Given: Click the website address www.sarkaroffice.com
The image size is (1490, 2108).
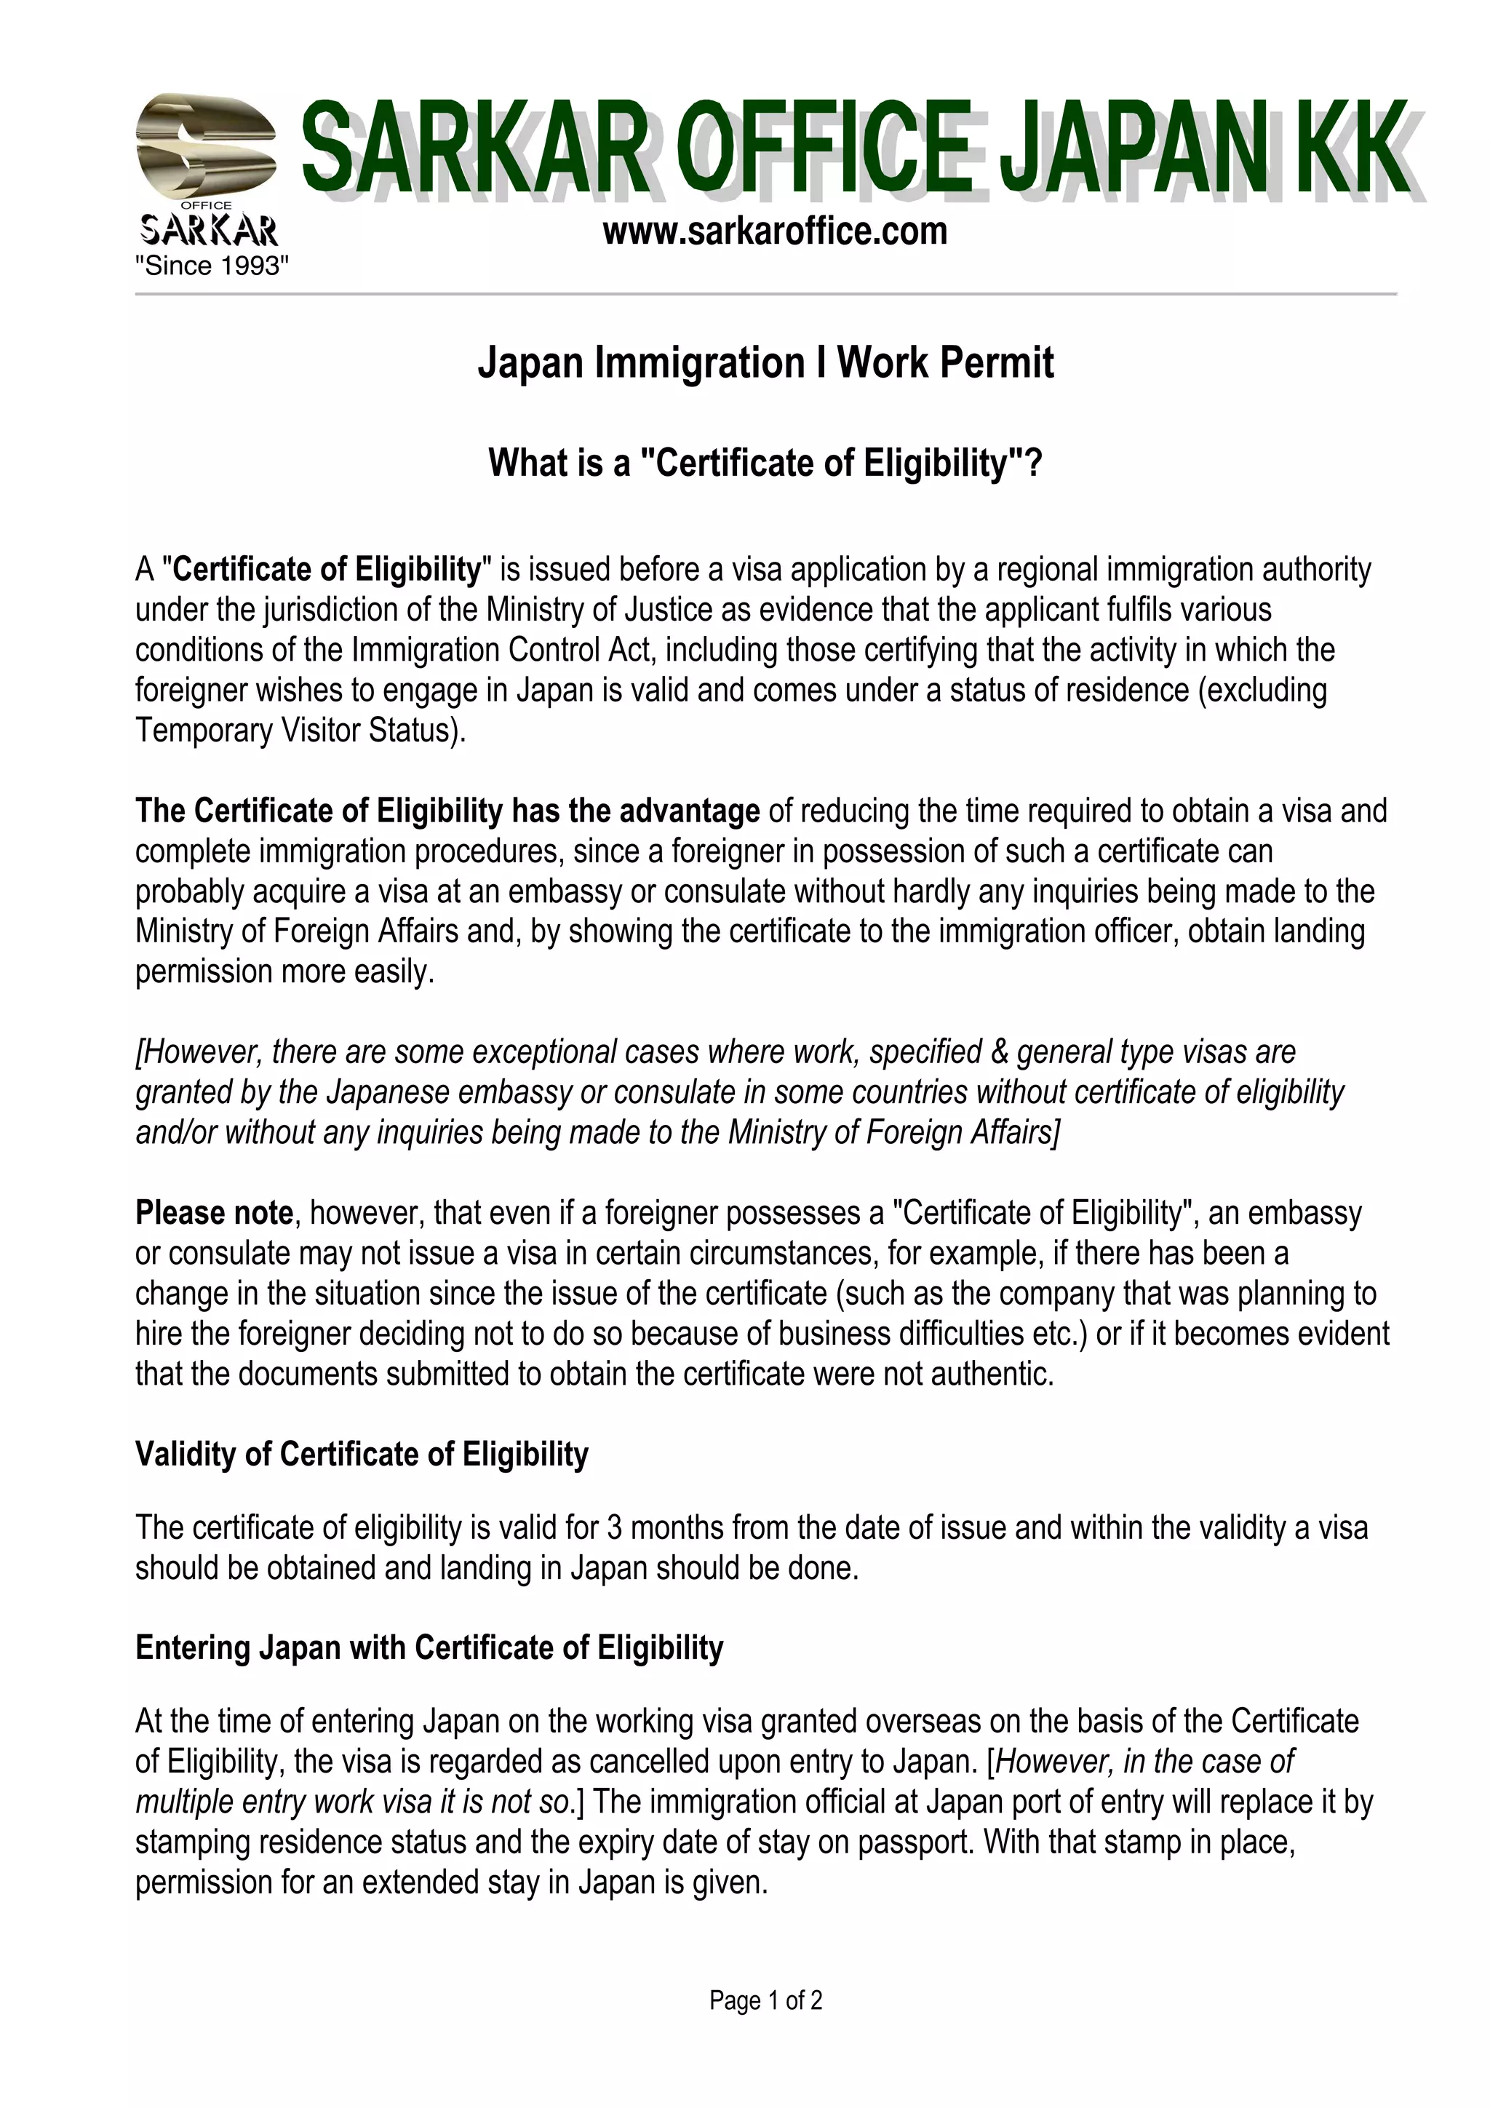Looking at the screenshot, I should pyautogui.click(x=775, y=231).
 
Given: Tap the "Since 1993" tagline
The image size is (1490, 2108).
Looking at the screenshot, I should pyautogui.click(x=212, y=266).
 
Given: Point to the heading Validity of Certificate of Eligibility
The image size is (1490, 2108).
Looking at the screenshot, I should pyautogui.click(x=362, y=1455).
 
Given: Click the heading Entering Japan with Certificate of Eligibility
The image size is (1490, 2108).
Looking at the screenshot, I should pyautogui.click(x=429, y=1648).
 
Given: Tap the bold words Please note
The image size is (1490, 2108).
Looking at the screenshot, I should pyautogui.click(x=214, y=1213).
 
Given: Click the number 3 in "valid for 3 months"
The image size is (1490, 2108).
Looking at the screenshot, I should pyautogui.click(x=614, y=1528).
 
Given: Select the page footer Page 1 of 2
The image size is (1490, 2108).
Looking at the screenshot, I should pyautogui.click(x=765, y=2000).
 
